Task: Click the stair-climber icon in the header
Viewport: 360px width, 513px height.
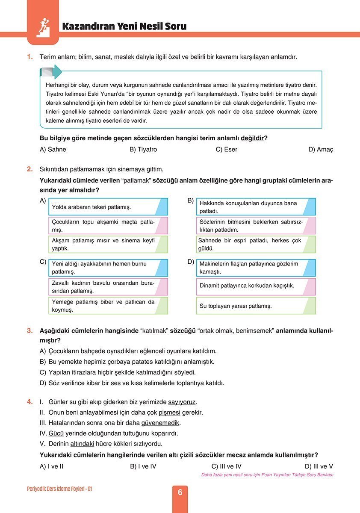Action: pyautogui.click(x=43, y=27)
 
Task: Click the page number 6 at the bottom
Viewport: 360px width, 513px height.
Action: pyautogui.click(x=180, y=492)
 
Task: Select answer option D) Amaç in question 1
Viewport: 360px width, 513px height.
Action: pyautogui.click(x=320, y=150)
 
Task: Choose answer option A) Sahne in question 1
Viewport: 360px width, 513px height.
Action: pyautogui.click(x=53, y=150)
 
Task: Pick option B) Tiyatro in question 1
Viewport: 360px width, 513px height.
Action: pyautogui.click(x=143, y=150)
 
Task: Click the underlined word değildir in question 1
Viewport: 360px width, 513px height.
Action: pyautogui.click(x=252, y=138)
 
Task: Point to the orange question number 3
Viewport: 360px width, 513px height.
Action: pyautogui.click(x=30, y=330)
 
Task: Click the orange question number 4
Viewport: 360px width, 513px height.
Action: pyautogui.click(x=30, y=402)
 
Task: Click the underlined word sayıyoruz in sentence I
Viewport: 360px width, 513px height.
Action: pyautogui.click(x=182, y=402)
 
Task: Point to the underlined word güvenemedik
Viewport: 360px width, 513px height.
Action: pyautogui.click(x=161, y=423)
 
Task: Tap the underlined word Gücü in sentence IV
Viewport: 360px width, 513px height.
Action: pyautogui.click(x=56, y=433)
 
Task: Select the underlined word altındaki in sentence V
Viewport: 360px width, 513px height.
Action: pyautogui.click(x=82, y=443)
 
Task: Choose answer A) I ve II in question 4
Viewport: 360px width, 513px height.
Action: pyautogui.click(x=51, y=466)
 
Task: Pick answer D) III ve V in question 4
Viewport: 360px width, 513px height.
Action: pyautogui.click(x=319, y=466)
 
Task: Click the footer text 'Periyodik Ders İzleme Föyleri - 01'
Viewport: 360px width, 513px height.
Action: pyautogui.click(x=59, y=489)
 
